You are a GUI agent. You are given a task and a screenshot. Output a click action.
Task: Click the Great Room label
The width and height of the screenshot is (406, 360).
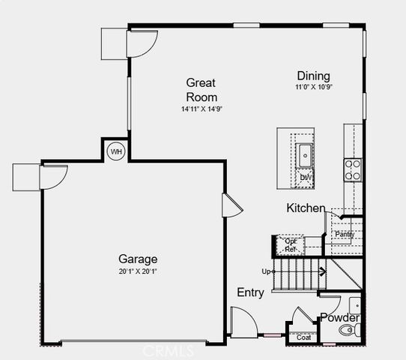point(202,90)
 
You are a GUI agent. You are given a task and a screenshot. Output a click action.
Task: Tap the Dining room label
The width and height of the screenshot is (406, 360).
point(313,76)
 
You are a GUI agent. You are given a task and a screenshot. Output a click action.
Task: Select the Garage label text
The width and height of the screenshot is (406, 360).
point(137,259)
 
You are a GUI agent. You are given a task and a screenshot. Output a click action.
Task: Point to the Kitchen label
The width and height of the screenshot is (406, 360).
point(306,208)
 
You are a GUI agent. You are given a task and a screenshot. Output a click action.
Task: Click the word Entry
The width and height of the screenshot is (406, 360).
point(250,292)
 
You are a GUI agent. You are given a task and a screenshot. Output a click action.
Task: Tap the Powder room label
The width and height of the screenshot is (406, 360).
point(340,318)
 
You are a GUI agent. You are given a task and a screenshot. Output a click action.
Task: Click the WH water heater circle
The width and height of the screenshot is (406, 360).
point(116,151)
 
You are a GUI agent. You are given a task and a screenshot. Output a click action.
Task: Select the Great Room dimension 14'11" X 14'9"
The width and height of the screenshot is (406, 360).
point(202,109)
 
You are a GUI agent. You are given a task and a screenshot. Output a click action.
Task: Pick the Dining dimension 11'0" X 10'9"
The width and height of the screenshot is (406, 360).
point(313,88)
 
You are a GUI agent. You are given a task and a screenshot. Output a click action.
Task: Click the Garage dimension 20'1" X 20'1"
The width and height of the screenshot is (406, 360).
point(137,272)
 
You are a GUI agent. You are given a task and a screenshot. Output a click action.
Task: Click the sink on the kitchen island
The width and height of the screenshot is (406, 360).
point(306,155)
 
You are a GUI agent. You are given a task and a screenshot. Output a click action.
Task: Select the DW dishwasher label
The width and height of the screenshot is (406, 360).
point(306,178)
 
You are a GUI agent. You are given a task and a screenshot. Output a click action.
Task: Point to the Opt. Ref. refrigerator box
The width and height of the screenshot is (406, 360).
point(290,244)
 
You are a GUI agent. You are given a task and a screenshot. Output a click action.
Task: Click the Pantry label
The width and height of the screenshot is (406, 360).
point(344,235)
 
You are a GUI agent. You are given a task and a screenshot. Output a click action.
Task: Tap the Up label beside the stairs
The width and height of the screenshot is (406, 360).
point(265,271)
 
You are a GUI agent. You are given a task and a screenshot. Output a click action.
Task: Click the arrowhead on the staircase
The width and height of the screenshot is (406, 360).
point(323,271)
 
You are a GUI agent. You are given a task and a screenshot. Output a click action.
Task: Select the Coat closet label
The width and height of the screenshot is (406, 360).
point(303,337)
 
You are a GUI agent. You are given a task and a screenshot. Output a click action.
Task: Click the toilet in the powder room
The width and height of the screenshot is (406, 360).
point(348,330)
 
